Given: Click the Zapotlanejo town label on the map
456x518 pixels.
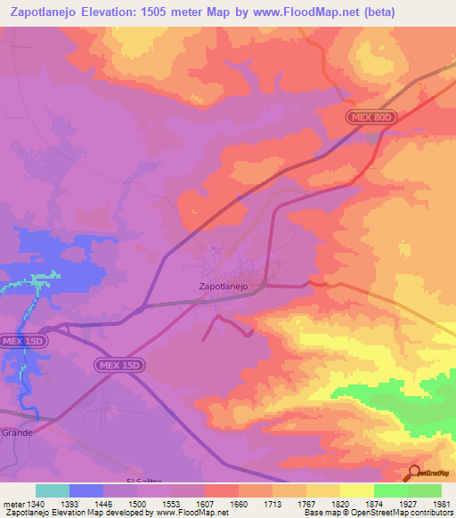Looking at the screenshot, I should [222, 287].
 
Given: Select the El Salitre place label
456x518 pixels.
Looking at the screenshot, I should [143, 481].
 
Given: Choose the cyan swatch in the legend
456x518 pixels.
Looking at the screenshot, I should [53, 490].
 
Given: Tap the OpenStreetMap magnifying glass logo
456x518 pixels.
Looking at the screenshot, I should [415, 473].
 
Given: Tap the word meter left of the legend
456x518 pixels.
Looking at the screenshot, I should [13, 505].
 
